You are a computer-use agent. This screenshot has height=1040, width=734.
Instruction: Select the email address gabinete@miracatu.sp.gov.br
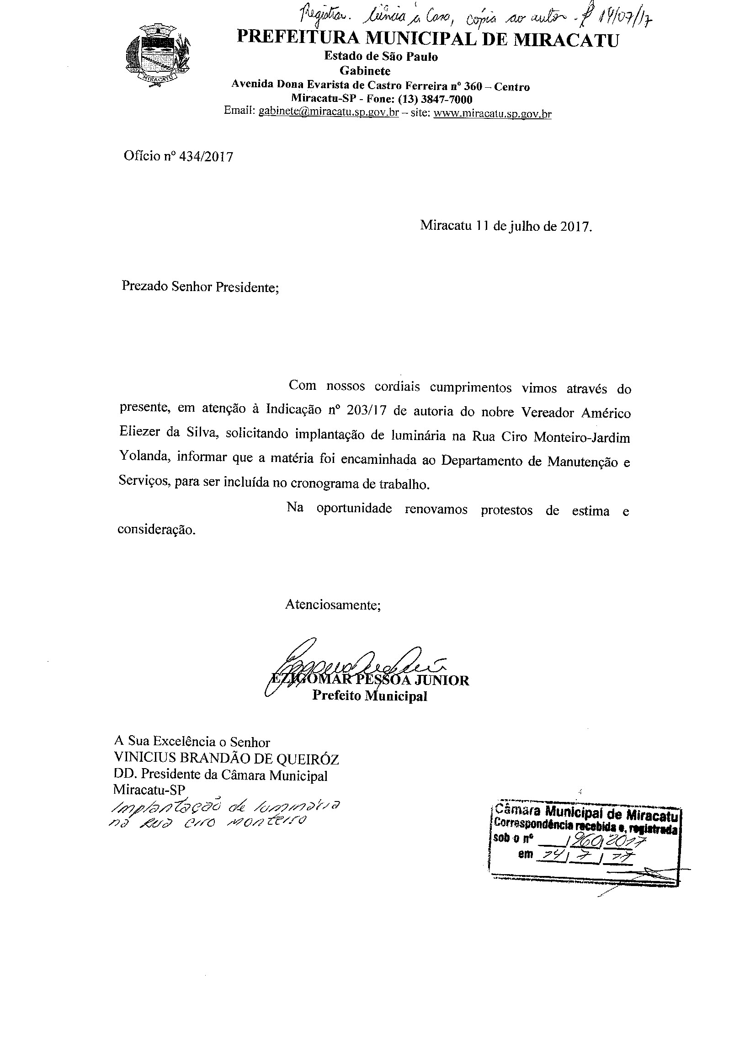[x=329, y=112]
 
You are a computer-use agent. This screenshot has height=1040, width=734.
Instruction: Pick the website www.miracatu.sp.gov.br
[x=492, y=113]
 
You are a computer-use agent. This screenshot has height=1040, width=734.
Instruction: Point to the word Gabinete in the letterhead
[x=365, y=71]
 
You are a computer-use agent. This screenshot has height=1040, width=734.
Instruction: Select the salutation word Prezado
[x=145, y=287]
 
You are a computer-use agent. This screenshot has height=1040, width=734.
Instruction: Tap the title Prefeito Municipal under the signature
[x=369, y=696]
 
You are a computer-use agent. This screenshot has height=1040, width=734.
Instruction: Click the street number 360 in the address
[x=473, y=86]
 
